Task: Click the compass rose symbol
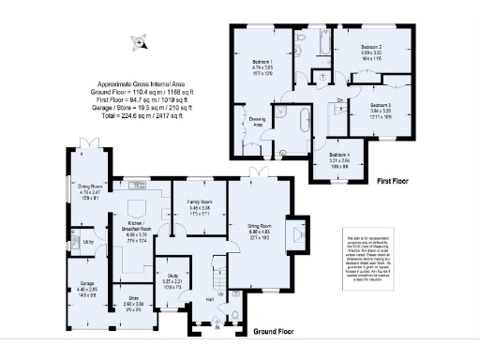140,41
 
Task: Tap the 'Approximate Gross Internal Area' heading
143,83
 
